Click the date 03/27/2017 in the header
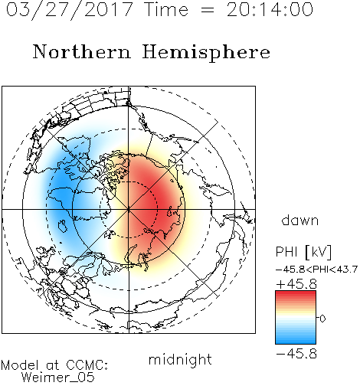69,10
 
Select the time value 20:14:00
270,10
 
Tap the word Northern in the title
82,52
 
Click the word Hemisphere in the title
206,52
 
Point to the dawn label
300,221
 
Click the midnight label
180,359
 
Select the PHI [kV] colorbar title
304,252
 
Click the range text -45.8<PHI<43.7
316,270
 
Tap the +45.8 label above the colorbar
296,284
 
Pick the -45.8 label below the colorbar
296,354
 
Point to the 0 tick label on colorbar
322,319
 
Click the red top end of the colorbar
296,293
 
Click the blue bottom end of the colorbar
296,342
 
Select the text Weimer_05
58,378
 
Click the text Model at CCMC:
54,365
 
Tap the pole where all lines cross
129,210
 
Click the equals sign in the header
207,10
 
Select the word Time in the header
166,10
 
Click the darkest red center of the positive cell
159,201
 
